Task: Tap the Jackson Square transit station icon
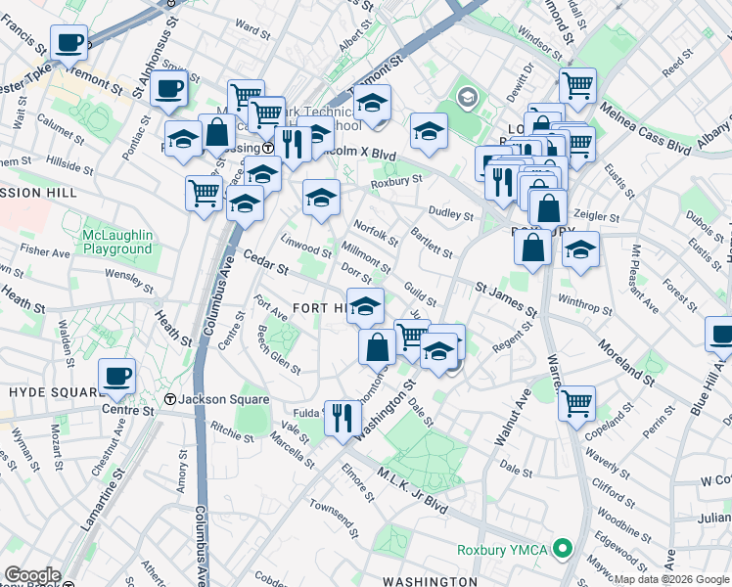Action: [170, 399]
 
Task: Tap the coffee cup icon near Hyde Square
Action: [116, 376]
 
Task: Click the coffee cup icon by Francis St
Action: [69, 44]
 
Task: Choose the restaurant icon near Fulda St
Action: [341, 419]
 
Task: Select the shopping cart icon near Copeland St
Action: [577, 401]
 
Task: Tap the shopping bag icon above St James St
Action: [532, 248]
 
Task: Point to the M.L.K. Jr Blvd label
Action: [411, 490]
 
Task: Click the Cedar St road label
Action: [265, 262]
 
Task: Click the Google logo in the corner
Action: [31, 575]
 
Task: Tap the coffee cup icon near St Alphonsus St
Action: [168, 88]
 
